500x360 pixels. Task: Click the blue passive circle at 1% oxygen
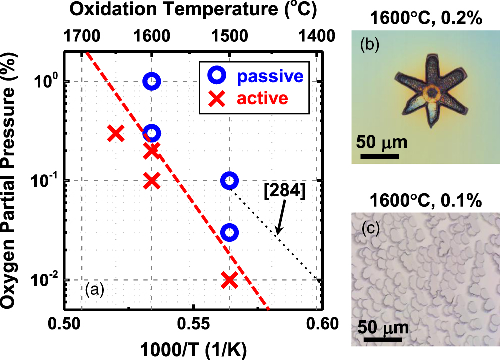[x=152, y=81]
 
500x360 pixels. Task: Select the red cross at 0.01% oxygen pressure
[x=229, y=280]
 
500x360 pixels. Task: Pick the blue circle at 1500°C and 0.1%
[x=229, y=180]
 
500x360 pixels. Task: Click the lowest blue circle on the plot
[x=229, y=232]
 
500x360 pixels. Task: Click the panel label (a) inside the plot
[x=94, y=289]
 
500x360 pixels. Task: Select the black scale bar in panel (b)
[x=379, y=155]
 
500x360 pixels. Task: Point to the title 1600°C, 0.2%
[x=426, y=20]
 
